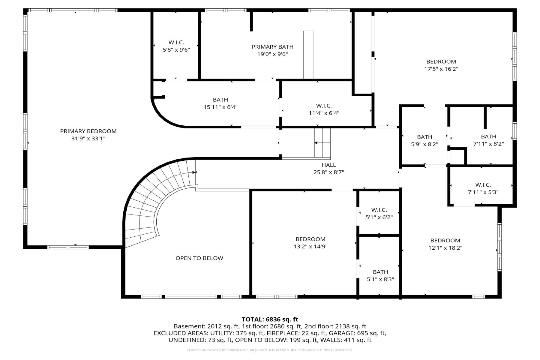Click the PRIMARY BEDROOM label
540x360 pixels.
coord(88,131)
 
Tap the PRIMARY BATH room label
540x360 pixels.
coord(272,47)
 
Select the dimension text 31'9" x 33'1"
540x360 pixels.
coord(88,139)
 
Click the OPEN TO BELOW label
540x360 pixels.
coord(199,258)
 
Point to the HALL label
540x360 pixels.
coord(329,165)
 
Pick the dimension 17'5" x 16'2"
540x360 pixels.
coord(441,69)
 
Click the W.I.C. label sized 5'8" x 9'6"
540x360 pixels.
coord(176,43)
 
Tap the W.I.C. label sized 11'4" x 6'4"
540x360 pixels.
coord(324,106)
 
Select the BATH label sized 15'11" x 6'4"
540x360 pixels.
coord(220,100)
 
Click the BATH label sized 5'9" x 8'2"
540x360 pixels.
coord(424,137)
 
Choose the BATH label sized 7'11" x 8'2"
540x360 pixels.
coord(488,136)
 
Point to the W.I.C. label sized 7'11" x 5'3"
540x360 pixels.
coord(483,185)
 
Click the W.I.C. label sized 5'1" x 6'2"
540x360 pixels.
coord(379,210)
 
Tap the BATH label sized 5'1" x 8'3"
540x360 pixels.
coord(380,272)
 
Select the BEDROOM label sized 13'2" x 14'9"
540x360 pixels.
coord(310,239)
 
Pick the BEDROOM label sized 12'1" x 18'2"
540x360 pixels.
coord(445,241)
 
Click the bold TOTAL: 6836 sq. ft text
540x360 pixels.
coord(270,319)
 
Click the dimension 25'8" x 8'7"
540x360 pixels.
coord(329,172)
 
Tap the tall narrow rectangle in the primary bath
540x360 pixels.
coord(308,55)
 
